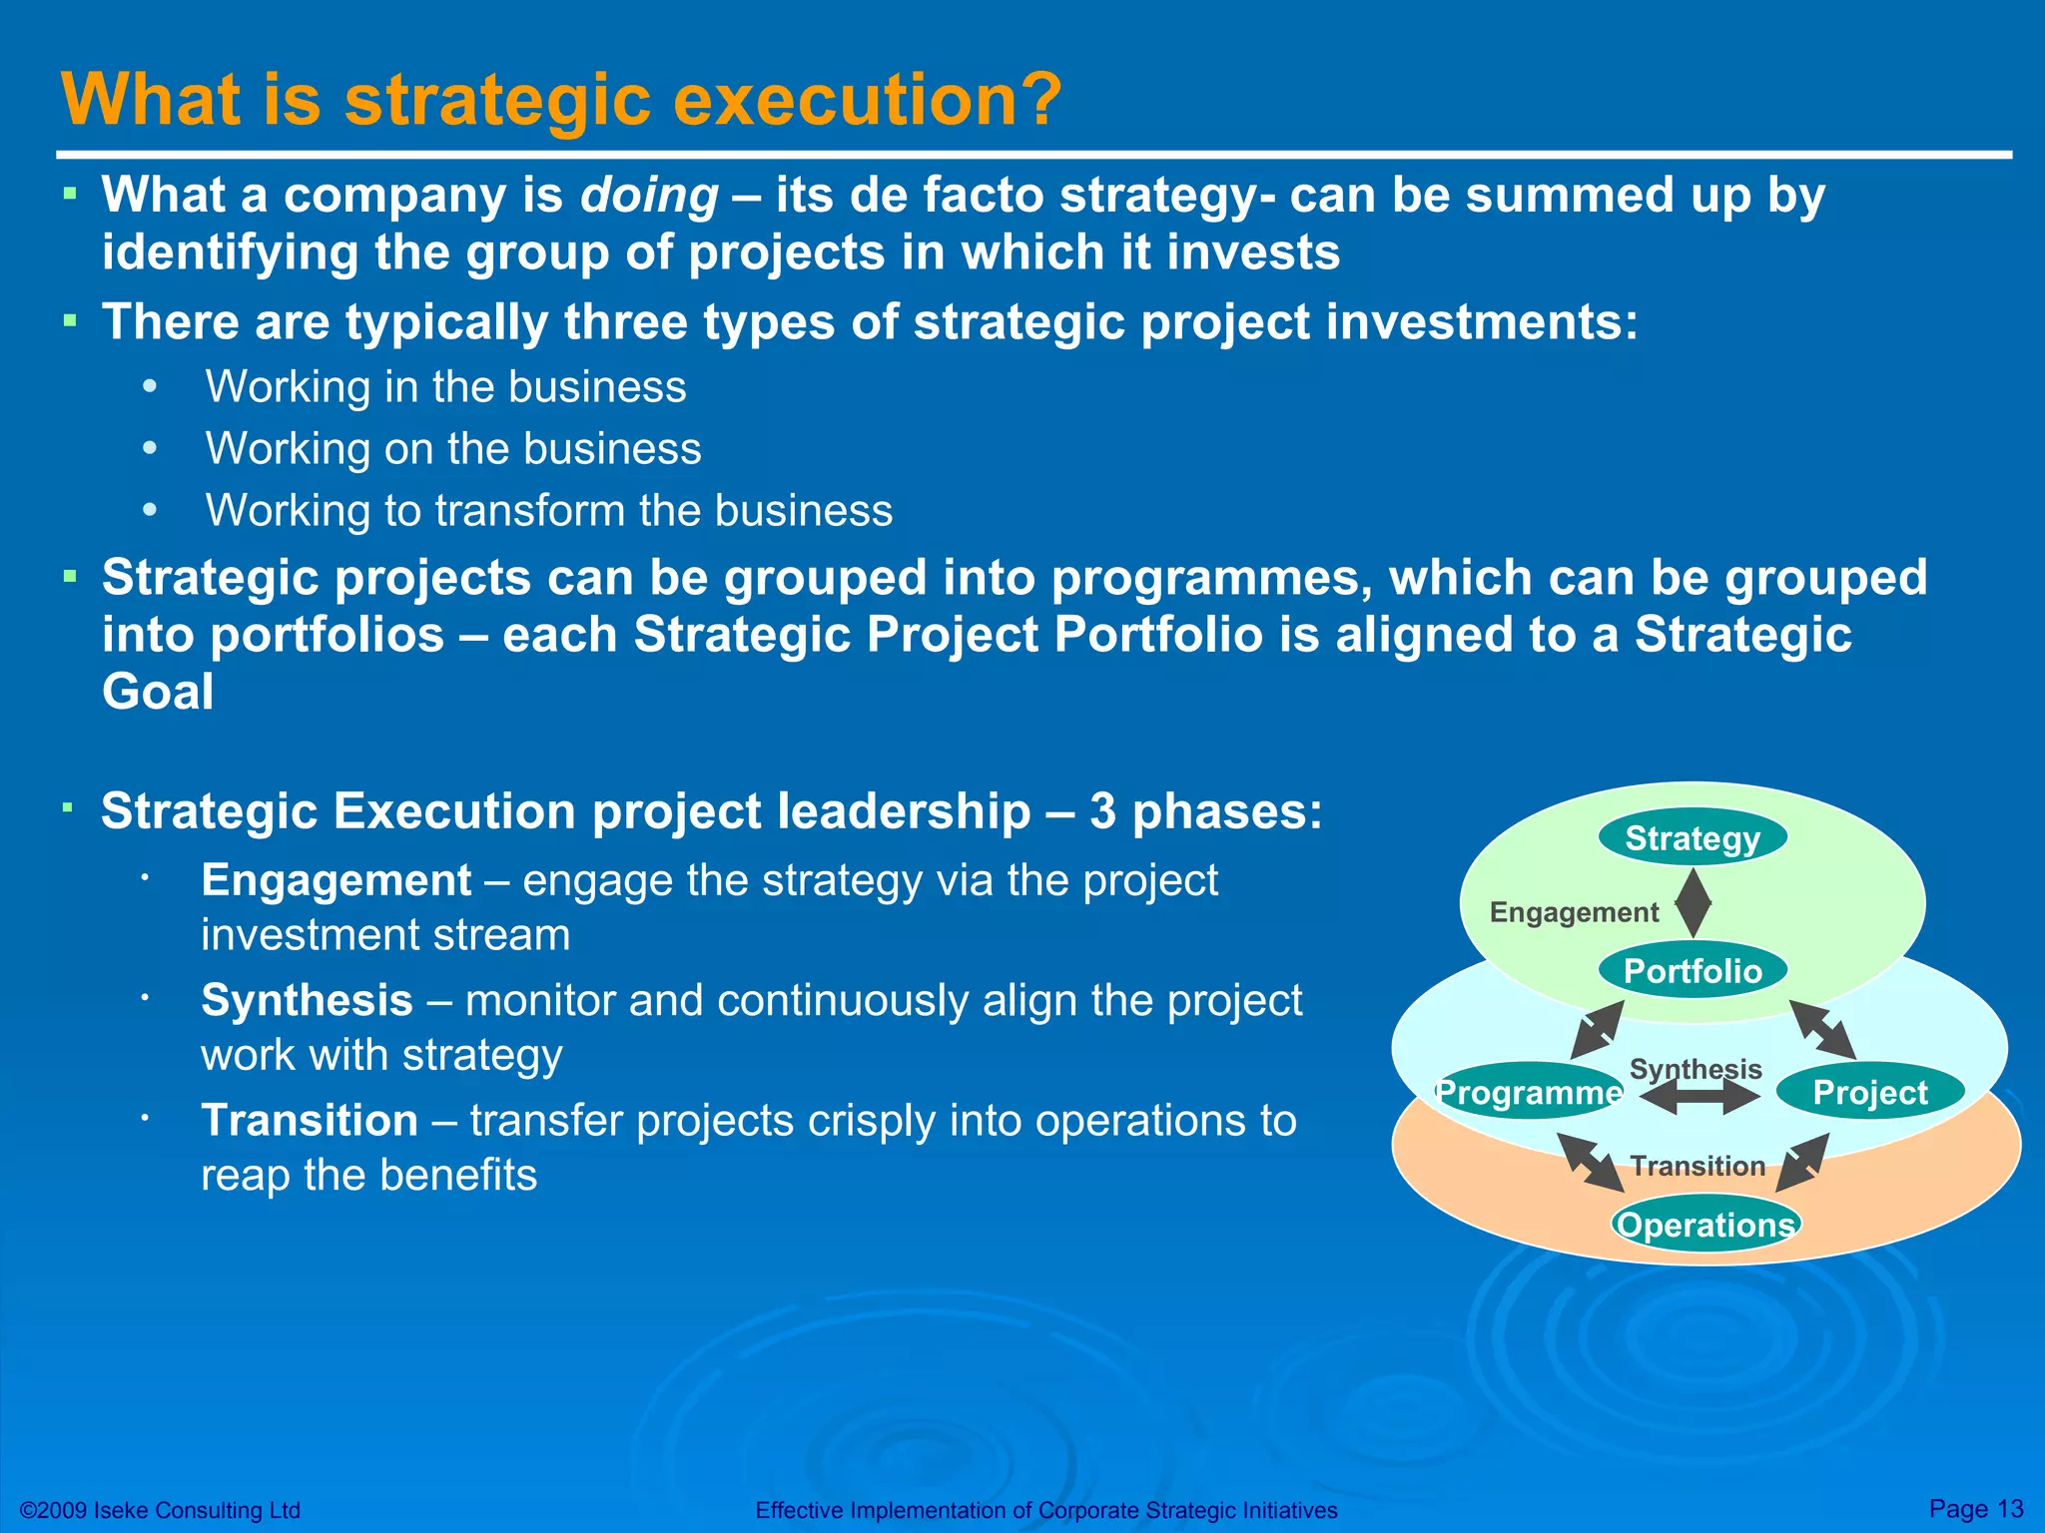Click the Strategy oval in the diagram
[x=1693, y=838]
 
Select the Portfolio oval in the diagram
[x=1693, y=971]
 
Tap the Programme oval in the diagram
[x=1528, y=1092]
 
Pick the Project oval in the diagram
[x=1870, y=1092]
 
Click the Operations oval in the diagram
[x=1705, y=1225]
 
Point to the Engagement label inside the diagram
[x=1574, y=912]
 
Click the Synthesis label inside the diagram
[x=1696, y=1069]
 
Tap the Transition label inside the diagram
[x=1698, y=1166]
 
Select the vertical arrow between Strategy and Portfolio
[x=1693, y=903]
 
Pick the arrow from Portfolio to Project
[x=1822, y=1030]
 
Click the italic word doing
[x=649, y=196]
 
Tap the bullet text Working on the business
[x=453, y=449]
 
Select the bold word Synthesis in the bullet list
[x=307, y=1000]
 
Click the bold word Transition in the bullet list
[x=310, y=1120]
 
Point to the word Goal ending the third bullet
[x=158, y=692]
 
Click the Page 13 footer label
[x=1975, y=1508]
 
